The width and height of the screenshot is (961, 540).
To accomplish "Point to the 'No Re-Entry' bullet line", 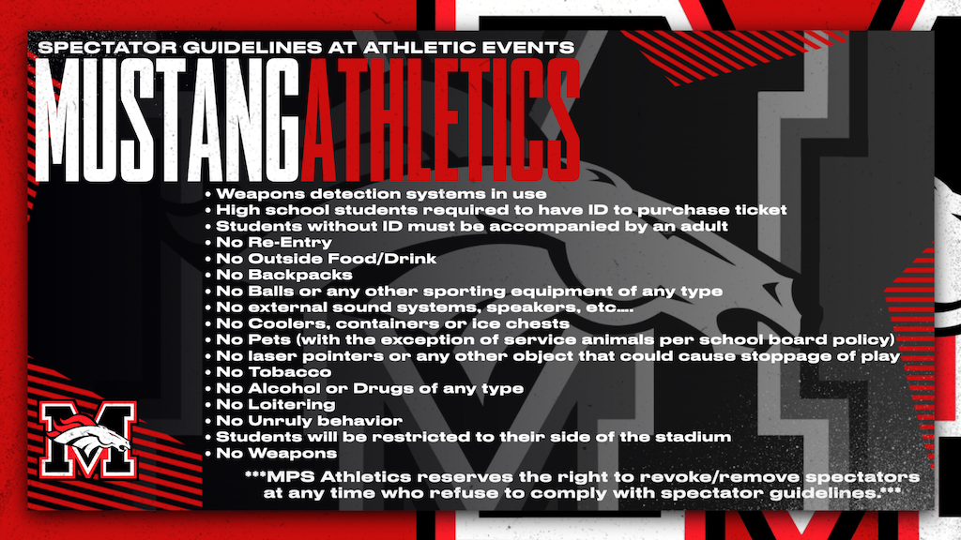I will pyautogui.click(x=262, y=242).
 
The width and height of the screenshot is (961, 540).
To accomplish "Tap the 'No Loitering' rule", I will pyautogui.click(x=268, y=405).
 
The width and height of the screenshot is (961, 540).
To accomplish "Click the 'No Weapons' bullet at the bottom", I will pyautogui.click(x=265, y=454).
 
